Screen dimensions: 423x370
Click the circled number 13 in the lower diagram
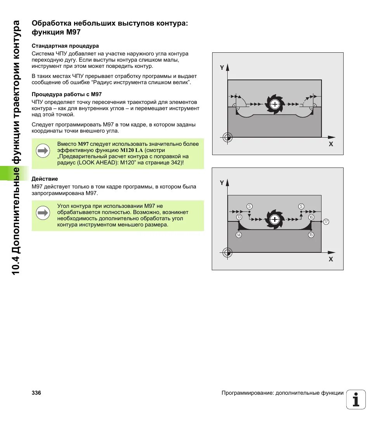[x=239, y=217]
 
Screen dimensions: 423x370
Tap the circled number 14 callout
[x=239, y=235]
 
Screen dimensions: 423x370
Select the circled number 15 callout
[x=311, y=235]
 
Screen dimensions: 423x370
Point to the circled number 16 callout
[x=311, y=217]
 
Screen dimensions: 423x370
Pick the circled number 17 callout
[x=326, y=222]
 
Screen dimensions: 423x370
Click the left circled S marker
[x=249, y=206]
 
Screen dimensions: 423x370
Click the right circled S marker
[x=301, y=206]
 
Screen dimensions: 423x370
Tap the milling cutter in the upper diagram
[x=275, y=104]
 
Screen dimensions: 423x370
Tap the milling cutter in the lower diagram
[x=275, y=219]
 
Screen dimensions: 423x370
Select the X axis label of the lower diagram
[x=330, y=259]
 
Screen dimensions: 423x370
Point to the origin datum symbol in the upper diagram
[x=228, y=137]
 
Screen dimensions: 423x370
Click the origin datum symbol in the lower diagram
[x=228, y=252]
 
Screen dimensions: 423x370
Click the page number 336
[x=36, y=393]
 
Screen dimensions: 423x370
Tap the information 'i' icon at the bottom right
[x=356, y=399]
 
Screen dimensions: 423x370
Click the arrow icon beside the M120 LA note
[x=43, y=151]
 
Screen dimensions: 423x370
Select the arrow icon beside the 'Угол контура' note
[x=43, y=213]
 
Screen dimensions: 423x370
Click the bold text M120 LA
[x=131, y=150]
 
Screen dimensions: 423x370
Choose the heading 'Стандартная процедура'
[x=65, y=46]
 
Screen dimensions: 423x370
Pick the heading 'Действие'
[x=45, y=179]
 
